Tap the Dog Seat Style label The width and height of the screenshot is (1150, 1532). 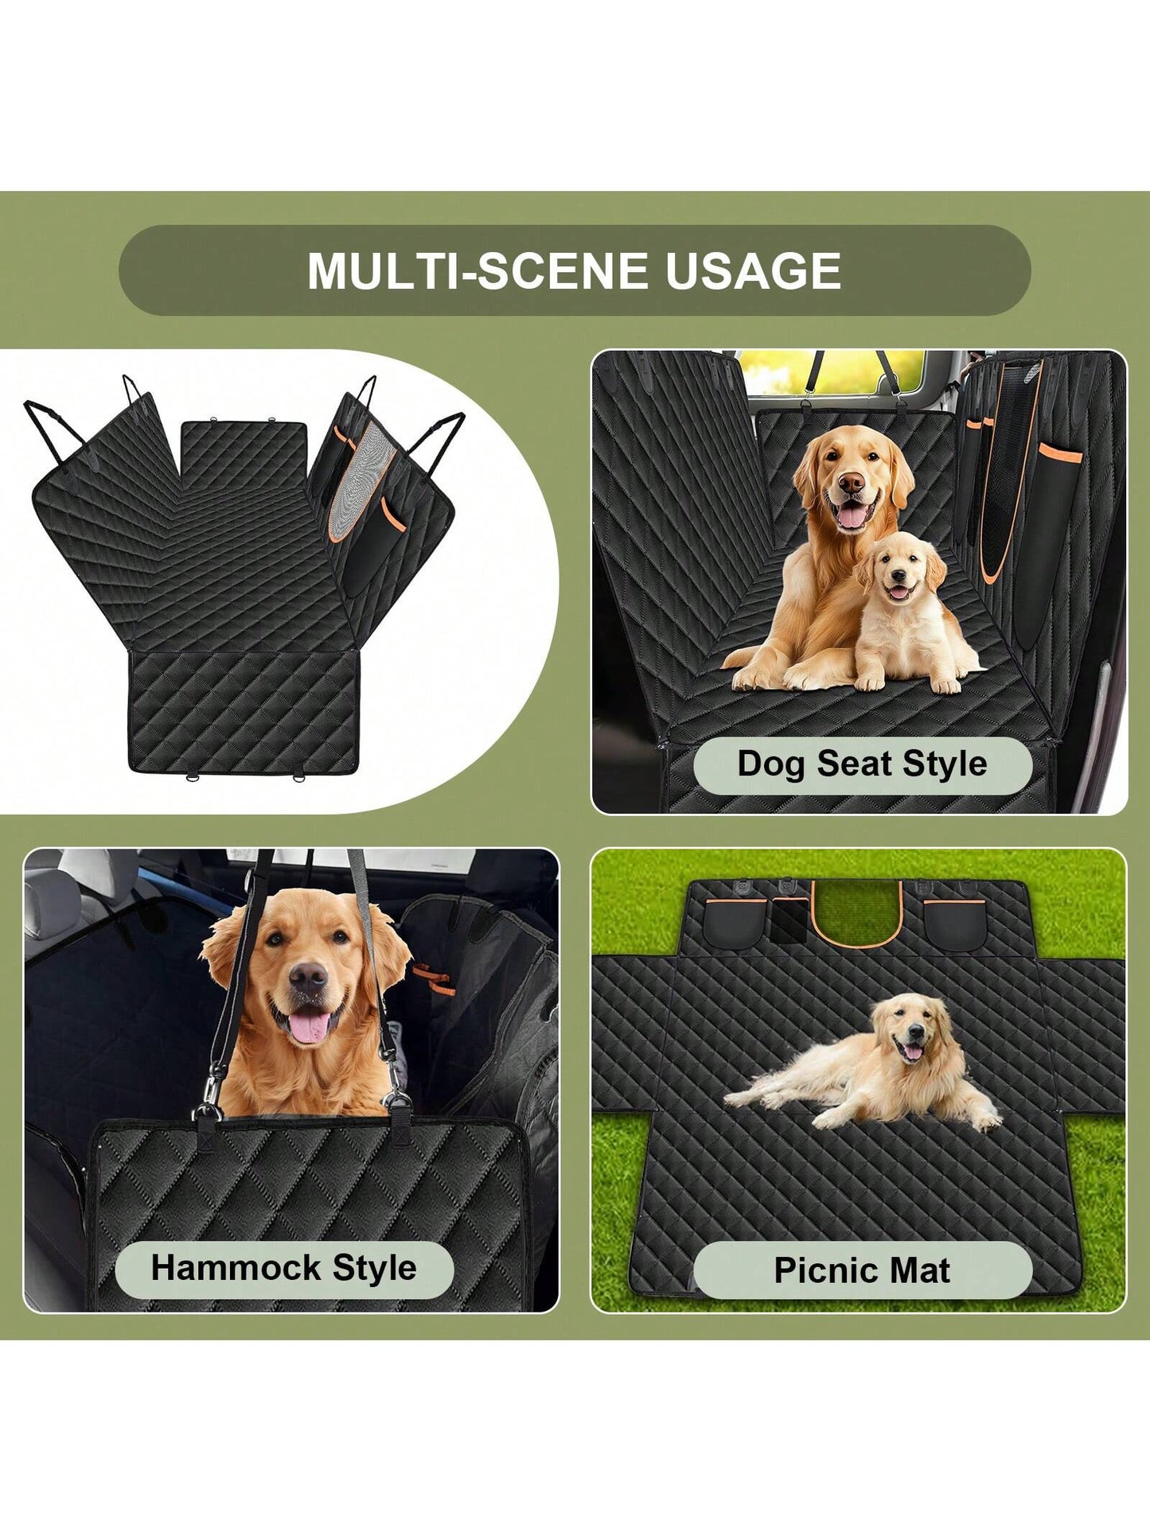(x=862, y=764)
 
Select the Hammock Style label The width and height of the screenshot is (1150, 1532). (x=284, y=1267)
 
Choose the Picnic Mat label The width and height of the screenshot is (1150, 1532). (x=862, y=1270)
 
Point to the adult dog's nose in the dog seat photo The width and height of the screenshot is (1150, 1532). (x=851, y=482)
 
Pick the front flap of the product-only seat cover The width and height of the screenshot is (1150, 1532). (x=242, y=713)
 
